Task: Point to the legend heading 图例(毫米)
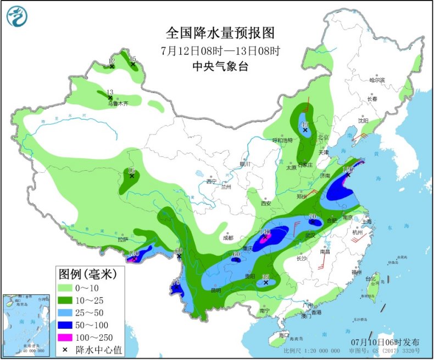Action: (x=88, y=273)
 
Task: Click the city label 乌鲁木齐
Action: (x=117, y=103)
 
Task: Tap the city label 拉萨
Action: (x=122, y=239)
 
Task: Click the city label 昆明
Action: (x=215, y=290)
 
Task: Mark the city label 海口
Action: (x=283, y=335)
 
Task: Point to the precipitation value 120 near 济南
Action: (x=347, y=170)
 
